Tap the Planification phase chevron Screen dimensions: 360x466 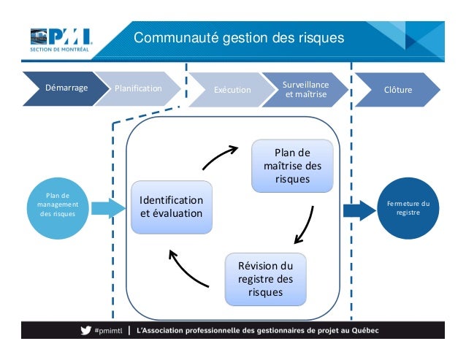(139, 89)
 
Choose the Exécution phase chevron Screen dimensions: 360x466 (230, 90)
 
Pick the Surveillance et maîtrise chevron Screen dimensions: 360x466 (305, 89)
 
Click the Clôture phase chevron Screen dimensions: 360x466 (397, 90)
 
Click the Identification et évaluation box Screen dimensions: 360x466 (172, 207)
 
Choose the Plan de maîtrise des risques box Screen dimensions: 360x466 (292, 166)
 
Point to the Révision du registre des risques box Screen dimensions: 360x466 (265, 279)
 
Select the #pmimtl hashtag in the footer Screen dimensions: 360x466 (108, 330)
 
